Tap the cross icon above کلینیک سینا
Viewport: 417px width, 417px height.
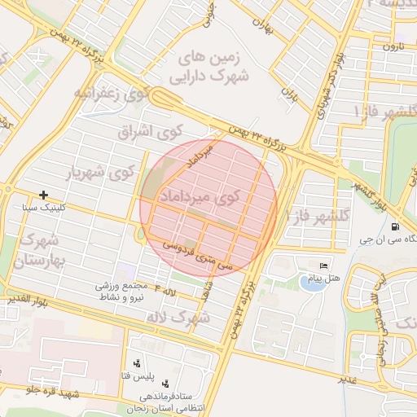pos(43,195)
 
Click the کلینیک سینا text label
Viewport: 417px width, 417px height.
pos(45,208)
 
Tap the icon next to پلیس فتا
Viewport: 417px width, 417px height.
pos(136,363)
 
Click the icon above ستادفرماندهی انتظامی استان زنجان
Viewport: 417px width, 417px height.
pos(166,383)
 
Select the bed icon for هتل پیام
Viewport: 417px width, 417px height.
pos(324,267)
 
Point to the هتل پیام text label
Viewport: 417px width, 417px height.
pos(322,279)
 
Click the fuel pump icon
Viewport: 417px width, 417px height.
pos(395,227)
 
